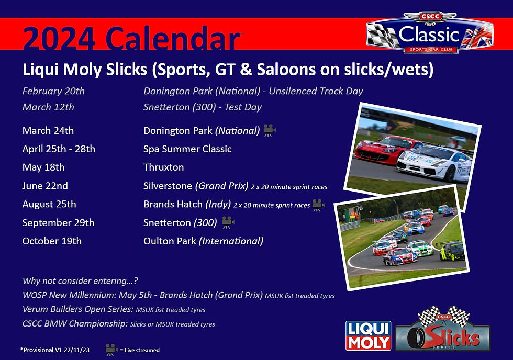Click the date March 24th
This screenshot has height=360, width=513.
pyautogui.click(x=48, y=130)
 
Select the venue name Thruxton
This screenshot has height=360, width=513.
pyautogui.click(x=163, y=167)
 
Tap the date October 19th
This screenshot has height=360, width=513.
pyautogui.click(x=52, y=241)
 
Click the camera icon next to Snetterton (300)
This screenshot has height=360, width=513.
pyautogui.click(x=227, y=222)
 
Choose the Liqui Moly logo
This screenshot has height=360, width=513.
pyautogui.click(x=369, y=335)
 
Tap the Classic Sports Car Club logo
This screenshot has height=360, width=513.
pyautogui.click(x=429, y=33)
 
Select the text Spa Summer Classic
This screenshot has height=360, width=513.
pyautogui.click(x=187, y=149)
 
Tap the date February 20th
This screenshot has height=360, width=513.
pyautogui.click(x=53, y=91)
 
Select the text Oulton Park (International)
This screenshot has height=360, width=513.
pyautogui.click(x=203, y=241)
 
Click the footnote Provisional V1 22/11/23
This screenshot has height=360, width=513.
pyautogui.click(x=54, y=350)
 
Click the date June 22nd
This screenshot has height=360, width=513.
pyautogui.click(x=45, y=186)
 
